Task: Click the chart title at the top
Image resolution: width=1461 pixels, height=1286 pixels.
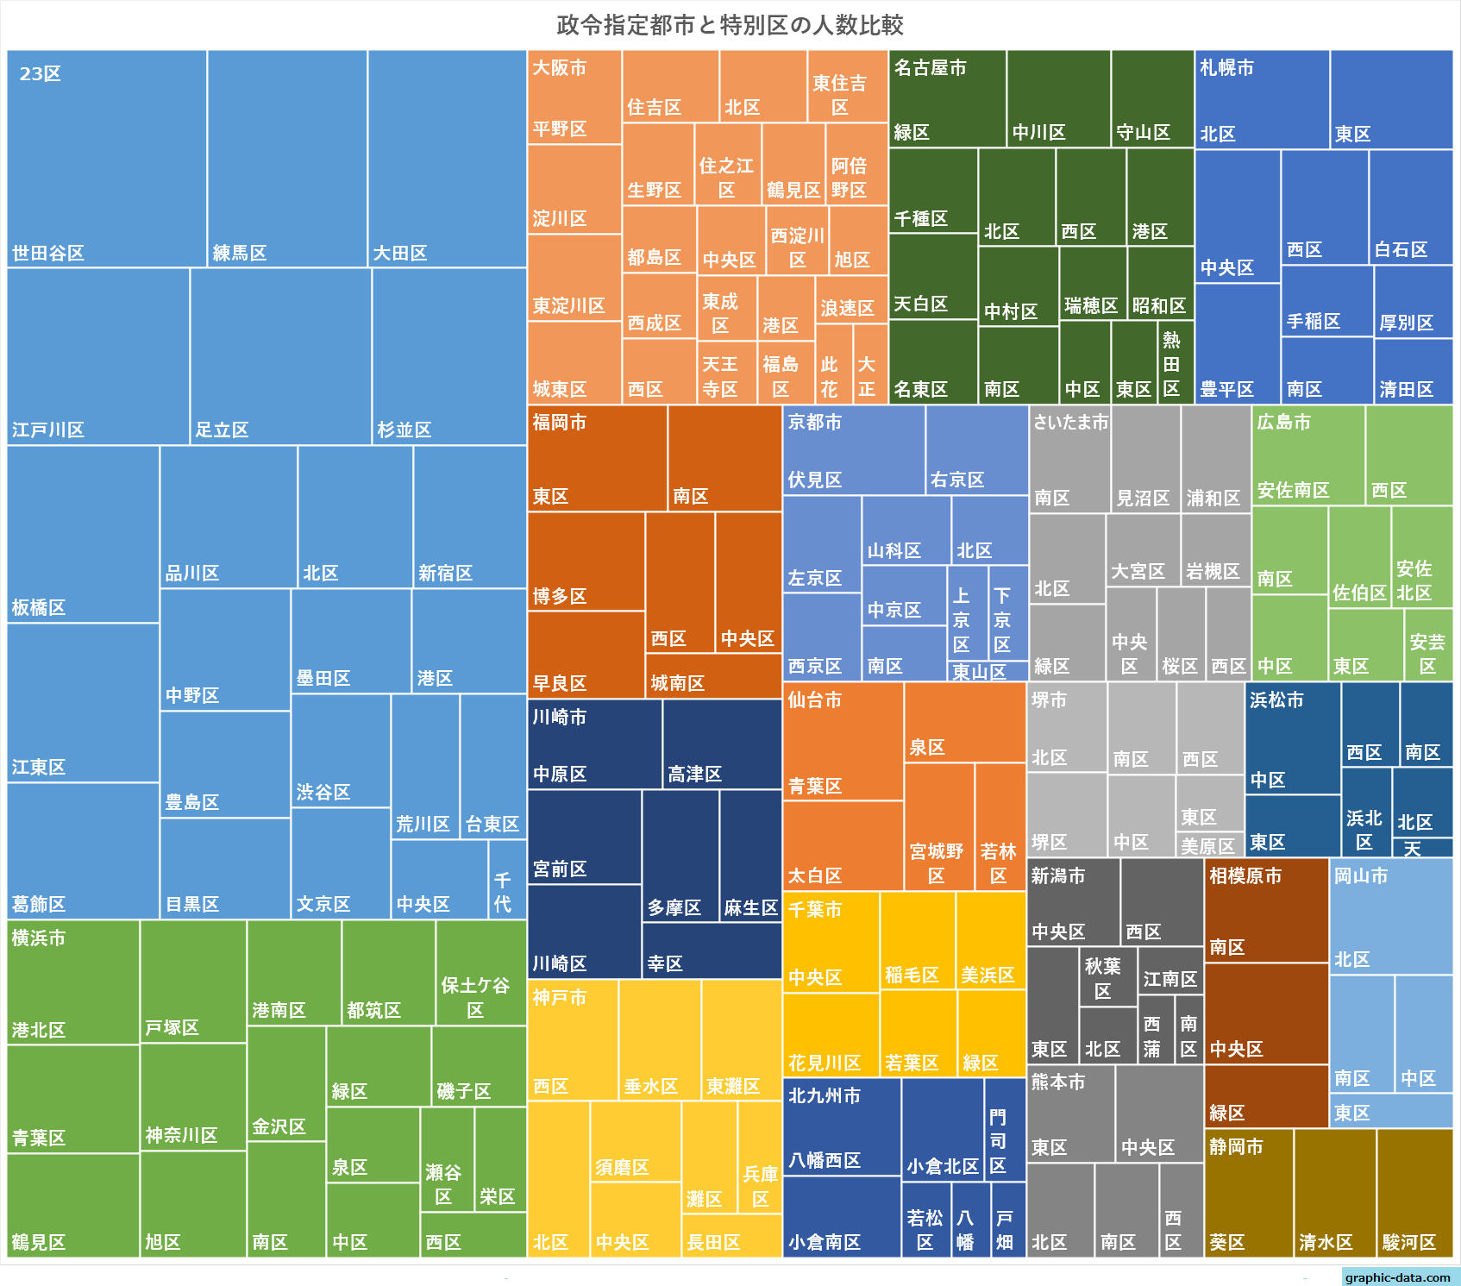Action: coord(730,25)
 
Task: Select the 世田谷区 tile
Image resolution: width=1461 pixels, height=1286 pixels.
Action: coord(107,159)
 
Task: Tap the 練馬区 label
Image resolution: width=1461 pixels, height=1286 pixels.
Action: coord(240,253)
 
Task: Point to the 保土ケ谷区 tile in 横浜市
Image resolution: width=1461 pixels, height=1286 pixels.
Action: coord(480,973)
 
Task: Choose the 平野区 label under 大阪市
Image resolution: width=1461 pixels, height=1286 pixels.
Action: coord(560,129)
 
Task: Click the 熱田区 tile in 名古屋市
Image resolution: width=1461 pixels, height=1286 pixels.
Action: coord(1176,362)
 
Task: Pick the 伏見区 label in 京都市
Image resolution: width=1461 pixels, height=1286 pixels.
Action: coord(815,480)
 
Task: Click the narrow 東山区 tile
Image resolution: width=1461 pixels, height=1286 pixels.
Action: coord(988,671)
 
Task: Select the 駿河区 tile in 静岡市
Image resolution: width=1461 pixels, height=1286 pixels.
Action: coord(1414,1193)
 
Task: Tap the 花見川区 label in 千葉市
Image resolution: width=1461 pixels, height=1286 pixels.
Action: coord(825,1063)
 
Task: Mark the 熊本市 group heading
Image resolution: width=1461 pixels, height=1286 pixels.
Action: coord(1058,1082)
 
